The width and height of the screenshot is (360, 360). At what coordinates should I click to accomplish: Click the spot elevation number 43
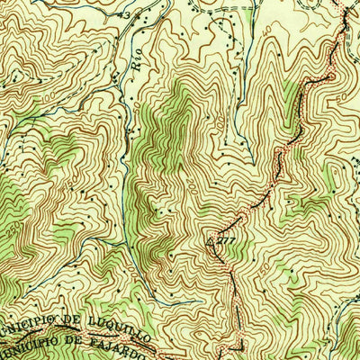[x=139, y=15]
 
